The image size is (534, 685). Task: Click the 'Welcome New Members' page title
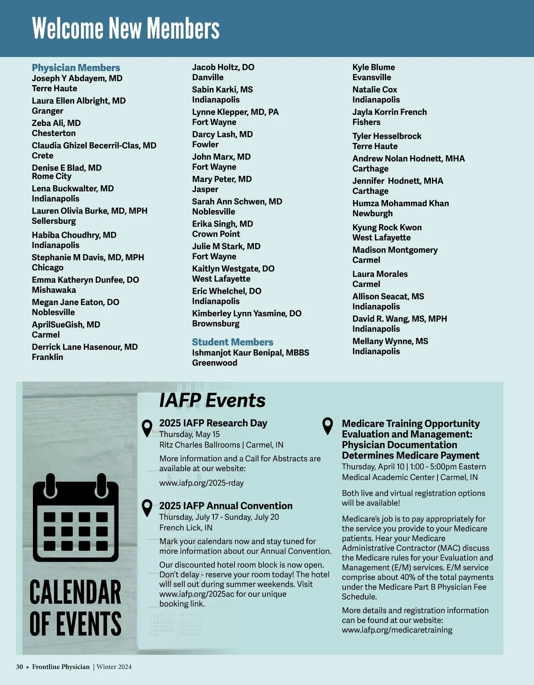(125, 28)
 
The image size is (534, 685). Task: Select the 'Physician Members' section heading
(76, 68)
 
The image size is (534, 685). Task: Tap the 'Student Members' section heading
(232, 342)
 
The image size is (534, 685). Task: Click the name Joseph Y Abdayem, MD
(77, 78)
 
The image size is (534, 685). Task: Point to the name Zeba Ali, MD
(56, 123)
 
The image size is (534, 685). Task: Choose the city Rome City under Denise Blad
(52, 176)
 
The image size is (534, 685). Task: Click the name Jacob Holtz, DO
(223, 67)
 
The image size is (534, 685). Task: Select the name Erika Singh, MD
(222, 224)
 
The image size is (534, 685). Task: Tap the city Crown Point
(216, 234)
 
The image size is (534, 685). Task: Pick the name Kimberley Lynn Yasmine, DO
(247, 313)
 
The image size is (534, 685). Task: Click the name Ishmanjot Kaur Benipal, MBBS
(251, 353)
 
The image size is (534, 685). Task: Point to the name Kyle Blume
(373, 67)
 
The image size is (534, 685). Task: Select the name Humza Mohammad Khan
(400, 203)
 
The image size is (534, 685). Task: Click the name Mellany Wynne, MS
(390, 341)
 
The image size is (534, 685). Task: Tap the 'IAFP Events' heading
(212, 400)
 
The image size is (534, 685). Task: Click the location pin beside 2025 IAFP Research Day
(147, 428)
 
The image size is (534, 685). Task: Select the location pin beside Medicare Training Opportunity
(328, 425)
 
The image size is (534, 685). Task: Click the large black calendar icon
(76, 518)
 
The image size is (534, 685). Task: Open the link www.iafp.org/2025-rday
(201, 483)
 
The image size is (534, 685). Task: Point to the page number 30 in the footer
(20, 667)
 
